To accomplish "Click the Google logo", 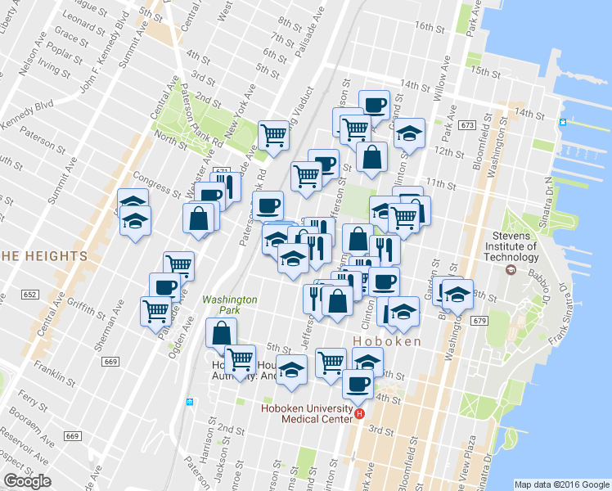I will point(27,481).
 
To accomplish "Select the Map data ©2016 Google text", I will point(561,484).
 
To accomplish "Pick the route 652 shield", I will point(30,295).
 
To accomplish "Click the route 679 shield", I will point(479,320).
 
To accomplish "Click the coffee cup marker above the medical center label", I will point(357,382).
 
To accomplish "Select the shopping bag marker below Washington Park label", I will point(222,331).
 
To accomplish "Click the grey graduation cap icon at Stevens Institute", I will point(511,268).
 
